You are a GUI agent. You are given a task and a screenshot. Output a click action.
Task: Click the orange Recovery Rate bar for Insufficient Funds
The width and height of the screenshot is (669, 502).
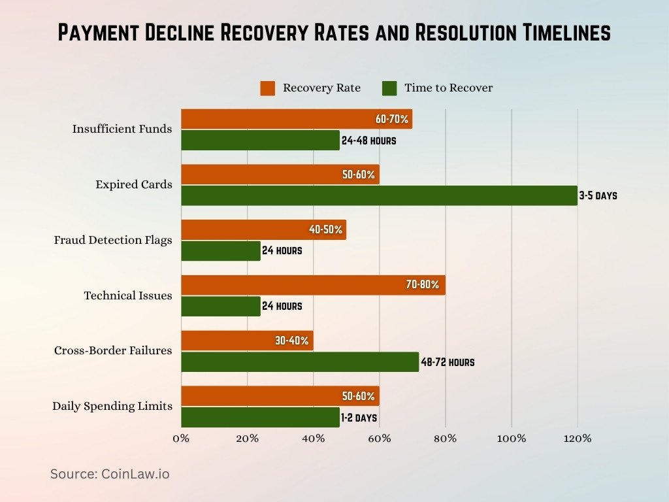point(274,119)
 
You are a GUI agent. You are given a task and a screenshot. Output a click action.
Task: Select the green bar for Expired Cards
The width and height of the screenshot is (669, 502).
point(379,195)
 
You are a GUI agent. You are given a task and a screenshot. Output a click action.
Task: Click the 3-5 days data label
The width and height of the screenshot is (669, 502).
point(598,195)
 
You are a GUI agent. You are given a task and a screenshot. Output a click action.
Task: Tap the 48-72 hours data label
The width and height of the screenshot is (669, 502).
point(448,362)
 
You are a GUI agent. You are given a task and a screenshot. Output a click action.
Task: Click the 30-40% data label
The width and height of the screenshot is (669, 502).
point(292,341)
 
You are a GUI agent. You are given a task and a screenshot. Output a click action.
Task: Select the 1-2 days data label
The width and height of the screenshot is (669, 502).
point(359,418)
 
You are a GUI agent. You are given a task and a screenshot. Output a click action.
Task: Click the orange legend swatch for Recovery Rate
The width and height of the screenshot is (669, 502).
point(267,88)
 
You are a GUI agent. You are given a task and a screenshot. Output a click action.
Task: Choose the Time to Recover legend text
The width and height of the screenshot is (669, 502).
point(448,88)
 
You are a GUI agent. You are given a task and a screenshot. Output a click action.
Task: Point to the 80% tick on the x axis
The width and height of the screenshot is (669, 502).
point(446,439)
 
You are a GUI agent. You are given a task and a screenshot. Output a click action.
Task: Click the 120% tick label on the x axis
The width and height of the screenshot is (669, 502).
point(578,439)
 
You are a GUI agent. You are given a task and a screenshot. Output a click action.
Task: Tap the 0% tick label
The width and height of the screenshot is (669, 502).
point(181,439)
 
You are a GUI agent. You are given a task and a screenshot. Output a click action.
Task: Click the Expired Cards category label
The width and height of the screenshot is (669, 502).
point(134,184)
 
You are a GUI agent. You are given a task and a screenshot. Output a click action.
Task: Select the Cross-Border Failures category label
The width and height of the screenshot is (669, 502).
point(113,350)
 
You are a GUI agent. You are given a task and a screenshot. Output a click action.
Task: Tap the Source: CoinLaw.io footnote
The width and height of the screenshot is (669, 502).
point(110,474)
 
